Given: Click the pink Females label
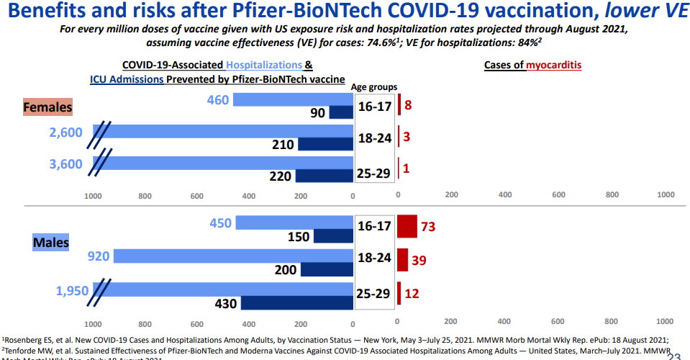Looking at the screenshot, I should click(48, 107).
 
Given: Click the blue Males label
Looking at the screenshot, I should click(51, 242).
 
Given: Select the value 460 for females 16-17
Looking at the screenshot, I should click(217, 100).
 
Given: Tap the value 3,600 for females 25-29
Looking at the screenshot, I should click(66, 164).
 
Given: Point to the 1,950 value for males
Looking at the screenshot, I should click(73, 291).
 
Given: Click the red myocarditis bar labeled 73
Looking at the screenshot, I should click(407, 226).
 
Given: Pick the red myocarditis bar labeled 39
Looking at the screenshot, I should click(403, 259).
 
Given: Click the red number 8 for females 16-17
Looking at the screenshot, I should click(408, 105).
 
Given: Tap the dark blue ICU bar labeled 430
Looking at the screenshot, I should click(297, 303).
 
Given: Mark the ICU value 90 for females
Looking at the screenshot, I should click(317, 113).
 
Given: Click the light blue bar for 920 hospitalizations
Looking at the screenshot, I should click(234, 255).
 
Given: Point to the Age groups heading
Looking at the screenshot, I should click(374, 87).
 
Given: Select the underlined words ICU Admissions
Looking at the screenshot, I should click(127, 79).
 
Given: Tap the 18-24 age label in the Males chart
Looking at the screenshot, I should click(374, 258).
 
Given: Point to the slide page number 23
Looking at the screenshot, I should click(674, 354).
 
